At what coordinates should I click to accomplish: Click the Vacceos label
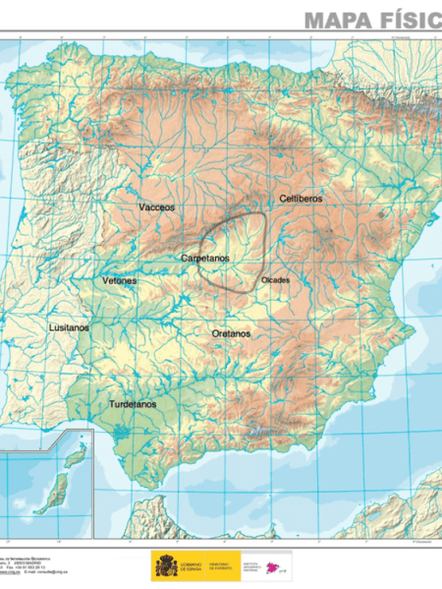pos(157,207)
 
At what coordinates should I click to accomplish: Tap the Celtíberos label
pos(301,199)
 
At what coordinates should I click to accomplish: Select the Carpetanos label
pos(205,258)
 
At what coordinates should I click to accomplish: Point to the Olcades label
pos(276,280)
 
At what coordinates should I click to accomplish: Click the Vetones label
pos(120,280)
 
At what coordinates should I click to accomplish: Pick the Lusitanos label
pos(69,326)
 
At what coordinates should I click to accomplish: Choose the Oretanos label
pos(231,333)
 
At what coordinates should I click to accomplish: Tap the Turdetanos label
pos(133,404)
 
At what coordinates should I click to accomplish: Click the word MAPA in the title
pos(340,19)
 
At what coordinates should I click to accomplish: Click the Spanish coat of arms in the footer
pos(164,565)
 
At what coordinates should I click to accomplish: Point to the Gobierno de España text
pos(193,565)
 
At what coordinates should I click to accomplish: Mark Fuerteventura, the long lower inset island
pos(57,490)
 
